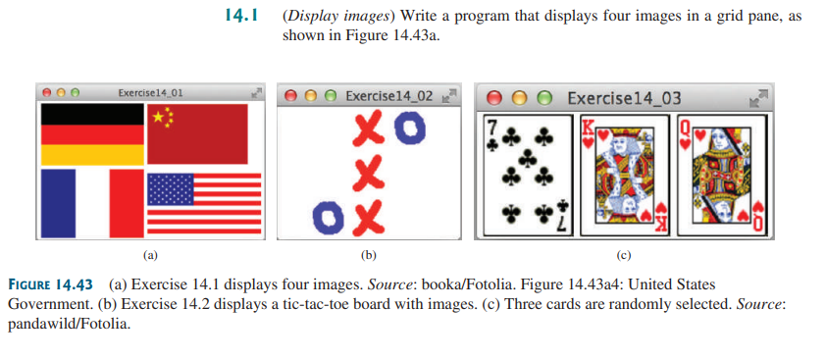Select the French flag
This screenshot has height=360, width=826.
pos(90,203)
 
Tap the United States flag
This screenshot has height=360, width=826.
pos(205,203)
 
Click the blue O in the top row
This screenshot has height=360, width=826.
pos(411,126)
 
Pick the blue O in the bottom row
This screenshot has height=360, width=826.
pos(326,215)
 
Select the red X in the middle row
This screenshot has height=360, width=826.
pos(367,172)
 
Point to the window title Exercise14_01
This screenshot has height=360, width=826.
pos(150,92)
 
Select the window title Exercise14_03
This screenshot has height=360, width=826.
pos(624,97)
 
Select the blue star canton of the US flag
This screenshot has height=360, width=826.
pos(171,188)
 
